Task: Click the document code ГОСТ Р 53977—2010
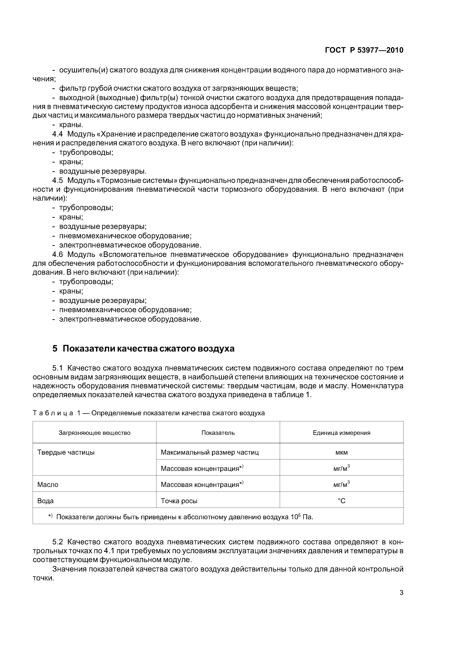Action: click(364, 50)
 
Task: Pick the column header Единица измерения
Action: click(341, 433)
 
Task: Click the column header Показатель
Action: click(218, 433)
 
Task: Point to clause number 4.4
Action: click(58, 134)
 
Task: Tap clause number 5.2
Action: click(58, 542)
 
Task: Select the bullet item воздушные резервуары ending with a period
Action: click(103, 171)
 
